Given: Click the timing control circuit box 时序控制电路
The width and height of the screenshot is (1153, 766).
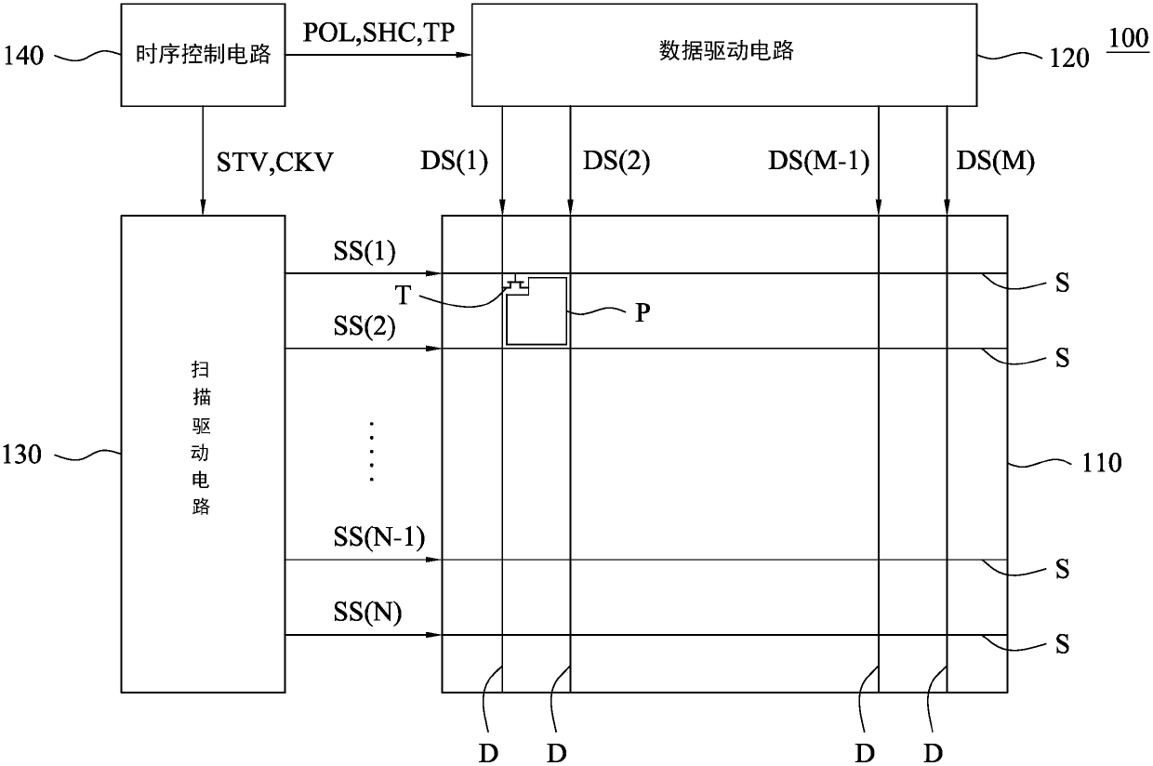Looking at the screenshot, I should tap(203, 55).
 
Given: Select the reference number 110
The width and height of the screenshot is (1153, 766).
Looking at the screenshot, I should tap(1102, 462).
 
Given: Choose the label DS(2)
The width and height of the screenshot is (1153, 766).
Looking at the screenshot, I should tap(616, 164).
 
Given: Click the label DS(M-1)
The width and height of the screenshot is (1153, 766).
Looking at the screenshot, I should tap(818, 164).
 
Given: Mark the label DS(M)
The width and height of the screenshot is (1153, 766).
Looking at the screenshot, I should tap(995, 164).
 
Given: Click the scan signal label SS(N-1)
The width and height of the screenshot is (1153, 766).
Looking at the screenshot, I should tap(378, 538).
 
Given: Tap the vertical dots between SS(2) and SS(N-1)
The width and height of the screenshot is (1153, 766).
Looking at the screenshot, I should tap(370, 452).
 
